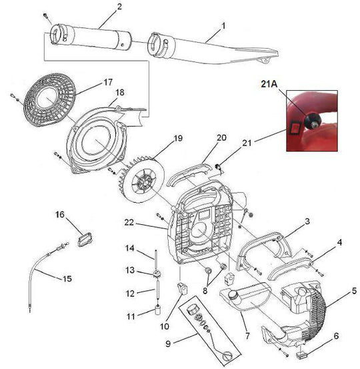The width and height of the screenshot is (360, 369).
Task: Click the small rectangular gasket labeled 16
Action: pyautogui.click(x=84, y=237)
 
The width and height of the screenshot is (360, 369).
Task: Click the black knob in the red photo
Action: pyautogui.click(x=312, y=121)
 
